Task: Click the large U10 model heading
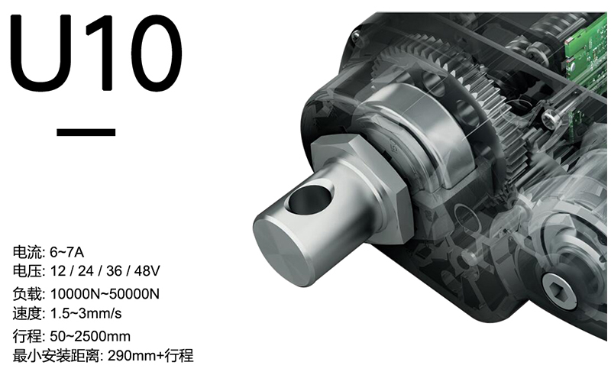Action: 96,53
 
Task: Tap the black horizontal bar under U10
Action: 86,132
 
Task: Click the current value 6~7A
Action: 67,252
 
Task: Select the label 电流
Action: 27,252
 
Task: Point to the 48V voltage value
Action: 147,271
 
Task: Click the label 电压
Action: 27,271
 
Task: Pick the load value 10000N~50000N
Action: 105,294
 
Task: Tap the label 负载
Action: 27,294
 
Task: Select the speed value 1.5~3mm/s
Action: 86,313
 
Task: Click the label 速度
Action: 27,313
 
